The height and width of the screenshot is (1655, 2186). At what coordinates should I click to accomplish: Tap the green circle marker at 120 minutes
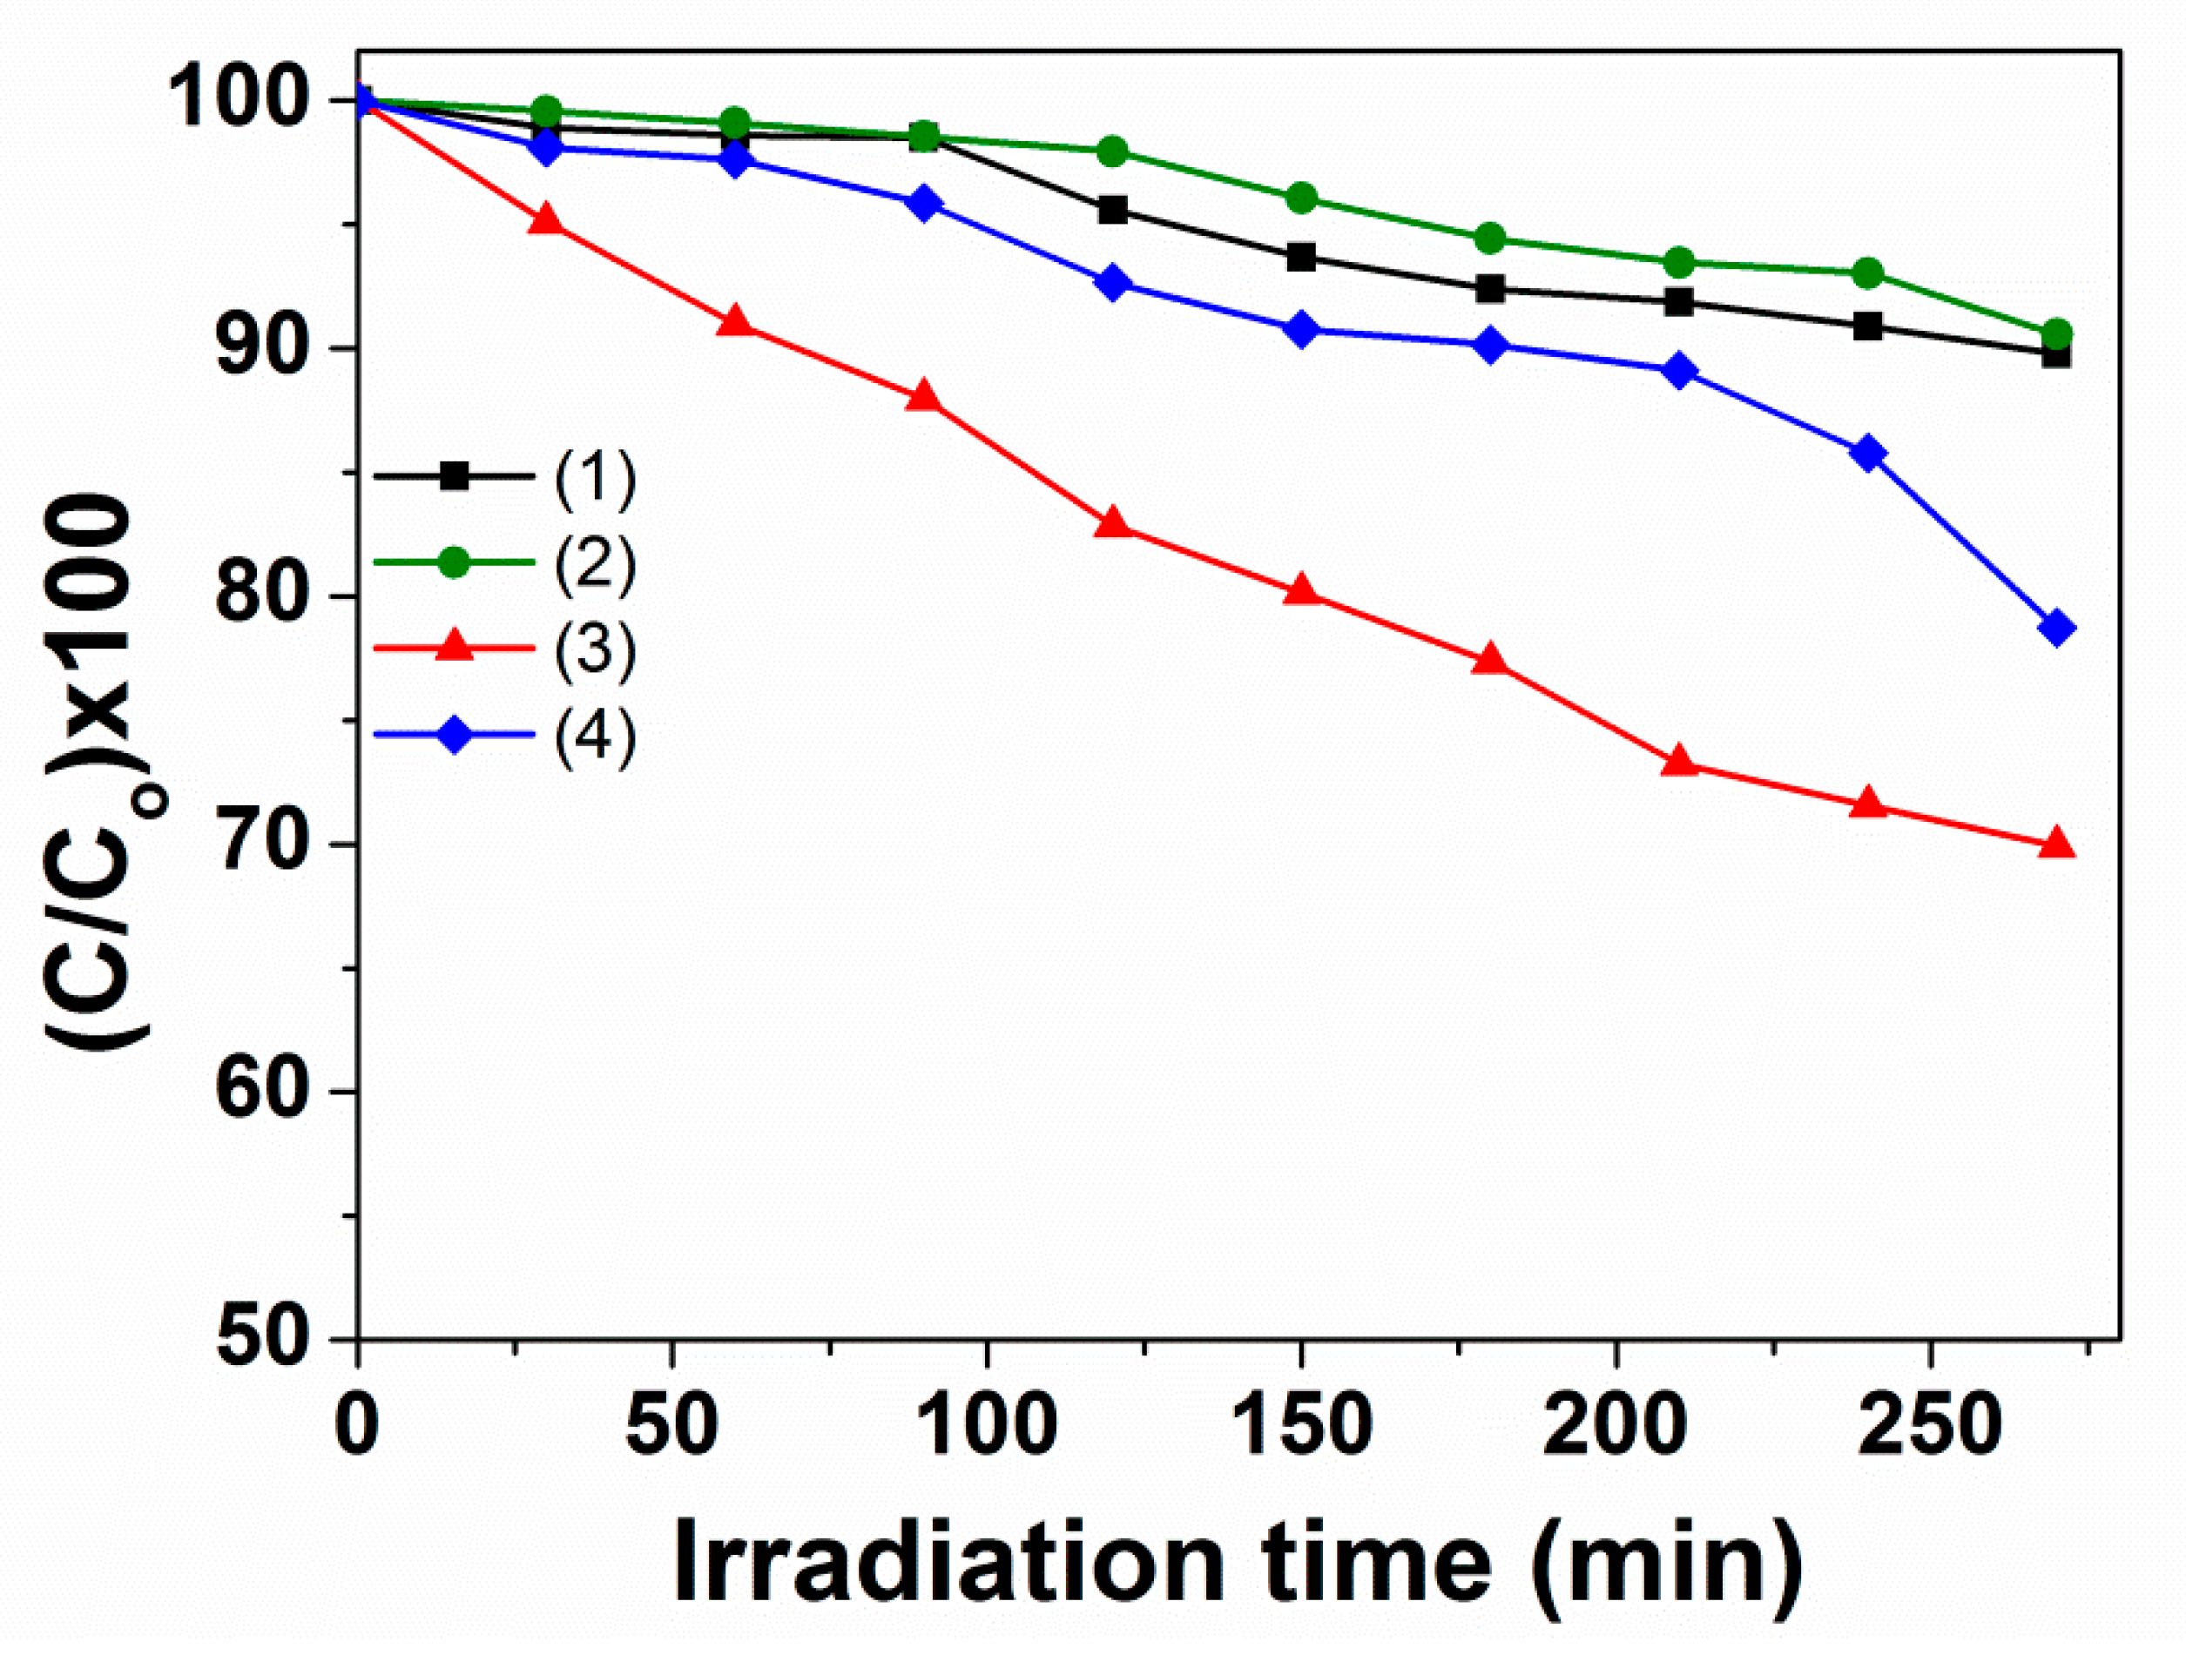tap(1113, 151)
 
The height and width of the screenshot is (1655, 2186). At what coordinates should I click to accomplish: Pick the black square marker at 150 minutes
tap(1301, 258)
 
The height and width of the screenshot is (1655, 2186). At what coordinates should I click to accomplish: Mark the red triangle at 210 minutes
tap(1679, 762)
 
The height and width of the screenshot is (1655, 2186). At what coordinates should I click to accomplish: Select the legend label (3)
tap(594, 649)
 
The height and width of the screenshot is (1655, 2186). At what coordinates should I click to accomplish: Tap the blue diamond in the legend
tap(454, 734)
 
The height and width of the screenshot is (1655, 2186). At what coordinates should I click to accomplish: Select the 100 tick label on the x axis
tap(986, 1426)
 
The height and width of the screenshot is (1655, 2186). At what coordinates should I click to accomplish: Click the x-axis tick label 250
tap(1929, 1426)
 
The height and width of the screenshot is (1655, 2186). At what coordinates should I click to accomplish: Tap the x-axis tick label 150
tap(1301, 1426)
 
